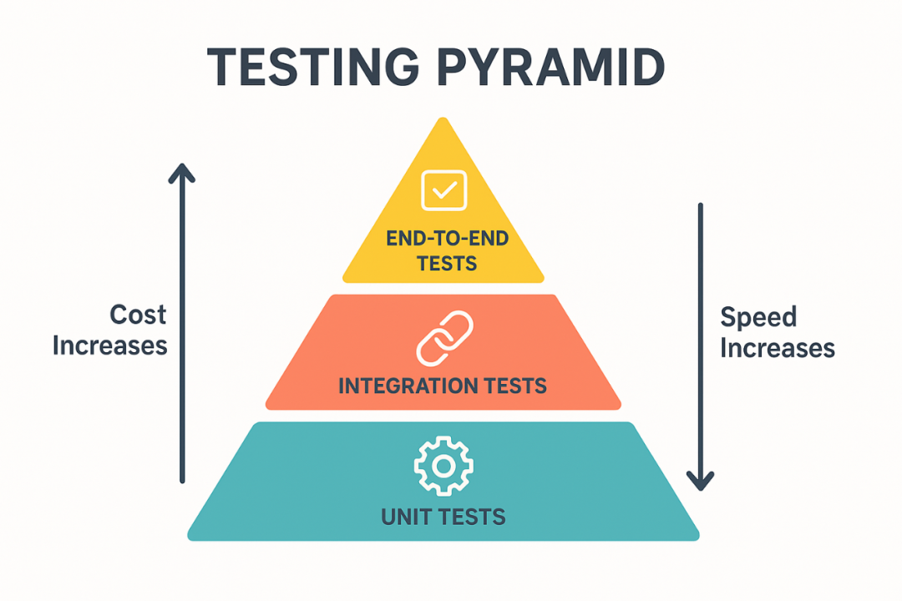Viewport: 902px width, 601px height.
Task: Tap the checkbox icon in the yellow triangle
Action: pyautogui.click(x=443, y=189)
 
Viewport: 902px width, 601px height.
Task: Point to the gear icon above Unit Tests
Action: pyautogui.click(x=443, y=464)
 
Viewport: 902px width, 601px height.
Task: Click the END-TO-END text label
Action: pyautogui.click(x=447, y=239)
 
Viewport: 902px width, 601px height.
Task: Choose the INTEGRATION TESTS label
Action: pyautogui.click(x=443, y=386)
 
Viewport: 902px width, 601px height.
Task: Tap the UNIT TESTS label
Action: pyautogui.click(x=443, y=517)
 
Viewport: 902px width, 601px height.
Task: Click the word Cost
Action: pyautogui.click(x=138, y=315)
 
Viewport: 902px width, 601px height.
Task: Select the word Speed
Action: pyautogui.click(x=758, y=317)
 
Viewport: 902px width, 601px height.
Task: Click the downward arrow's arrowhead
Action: pyautogui.click(x=700, y=482)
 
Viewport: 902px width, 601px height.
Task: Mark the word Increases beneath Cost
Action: pyautogui.click(x=110, y=345)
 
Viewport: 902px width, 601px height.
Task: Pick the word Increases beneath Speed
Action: pyautogui.click(x=778, y=347)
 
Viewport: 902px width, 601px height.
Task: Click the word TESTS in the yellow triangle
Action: pyautogui.click(x=447, y=263)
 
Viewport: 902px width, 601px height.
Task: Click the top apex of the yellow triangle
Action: pyautogui.click(x=443, y=119)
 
